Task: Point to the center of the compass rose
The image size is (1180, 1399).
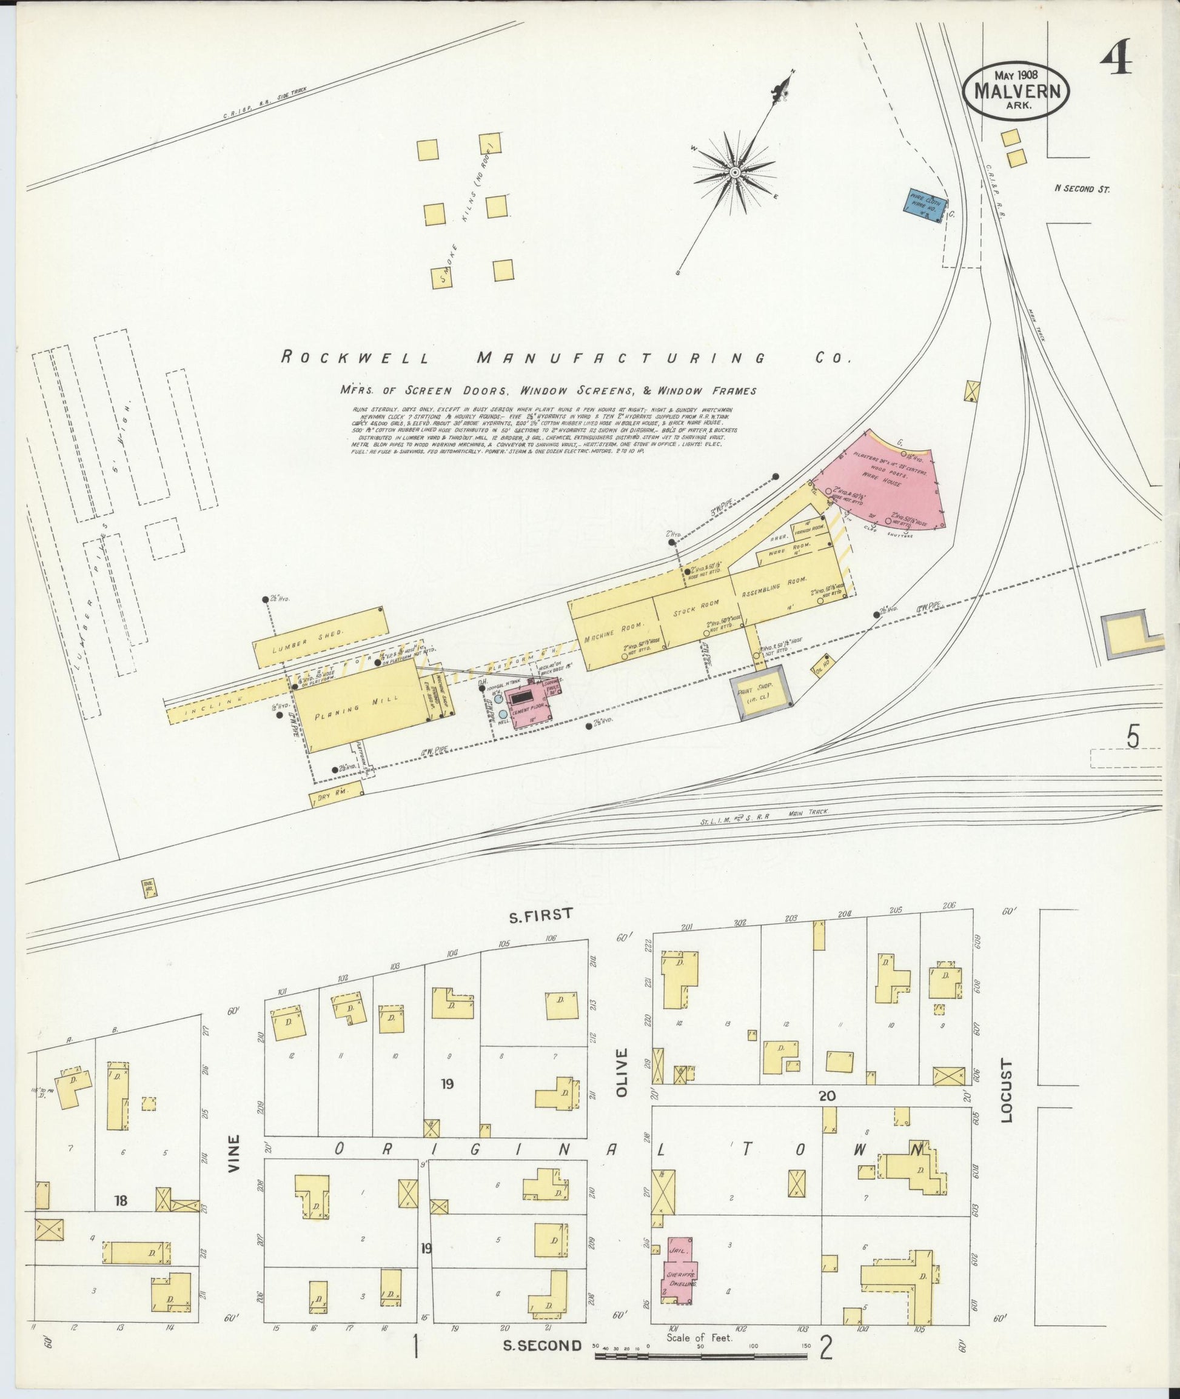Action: pos(734,172)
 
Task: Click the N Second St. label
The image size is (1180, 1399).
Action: pos(1082,189)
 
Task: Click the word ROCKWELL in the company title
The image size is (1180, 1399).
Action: pos(355,358)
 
